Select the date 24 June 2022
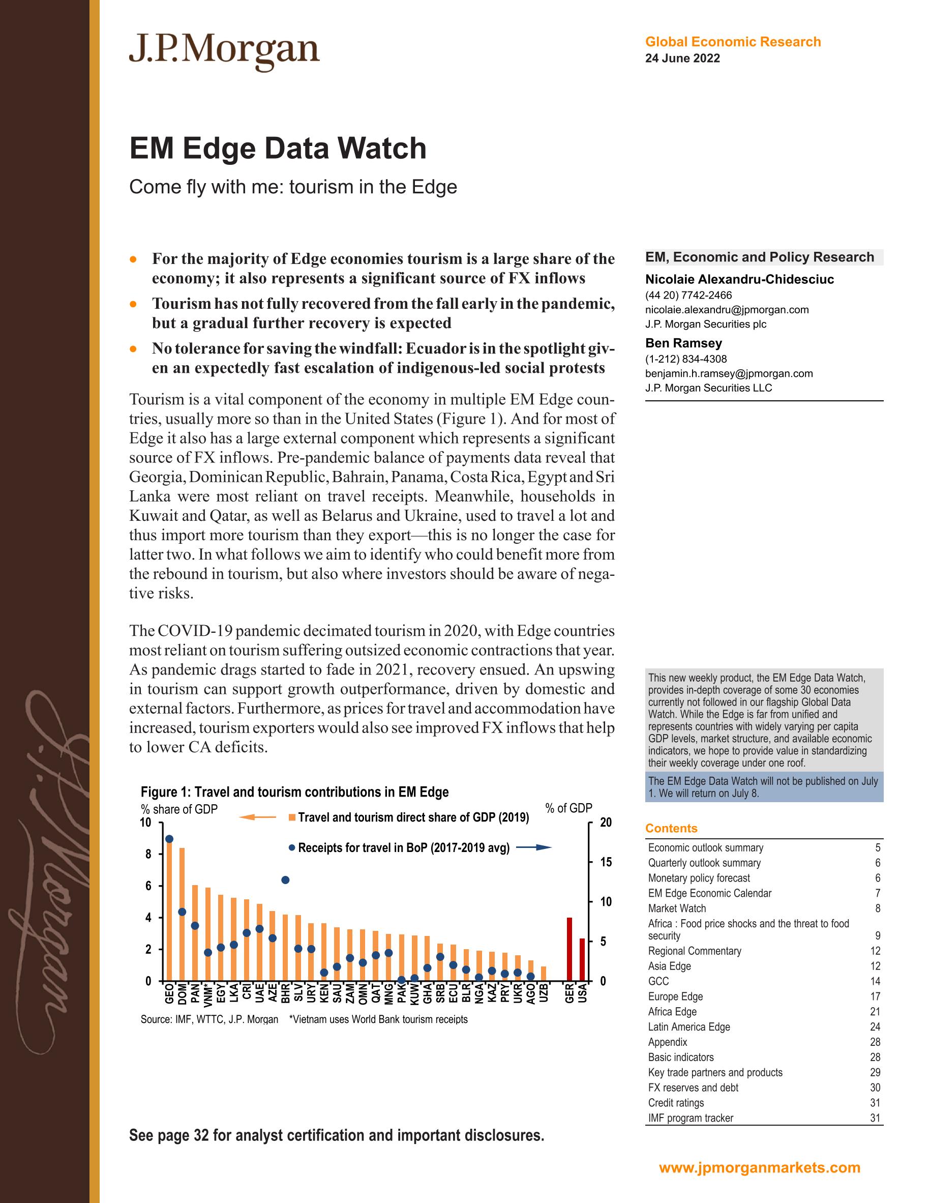click(x=682, y=58)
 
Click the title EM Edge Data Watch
click(x=278, y=148)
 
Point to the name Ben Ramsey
click(x=683, y=343)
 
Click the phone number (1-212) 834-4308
click(x=685, y=359)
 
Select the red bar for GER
click(x=570, y=949)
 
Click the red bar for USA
click(x=583, y=959)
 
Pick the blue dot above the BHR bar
click(x=285, y=880)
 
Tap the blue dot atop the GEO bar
click(x=169, y=839)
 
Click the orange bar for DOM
click(x=182, y=915)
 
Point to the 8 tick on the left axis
click(x=147, y=855)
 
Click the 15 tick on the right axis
click(x=605, y=862)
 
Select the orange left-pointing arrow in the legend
click(x=257, y=817)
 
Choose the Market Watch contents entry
click(x=677, y=908)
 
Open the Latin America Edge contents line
click(x=689, y=1026)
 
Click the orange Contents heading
click(x=671, y=829)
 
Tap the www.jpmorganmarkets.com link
click(x=759, y=1168)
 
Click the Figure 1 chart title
click(x=294, y=792)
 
